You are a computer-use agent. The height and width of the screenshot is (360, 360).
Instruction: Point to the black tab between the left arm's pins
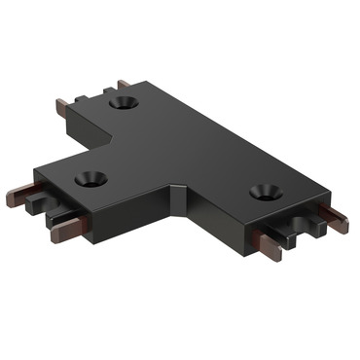[41, 206]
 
